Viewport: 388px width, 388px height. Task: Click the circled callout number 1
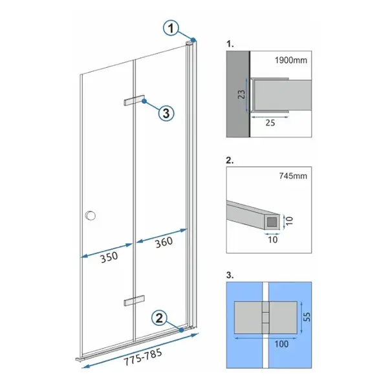click(171, 28)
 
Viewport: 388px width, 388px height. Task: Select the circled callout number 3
click(166, 113)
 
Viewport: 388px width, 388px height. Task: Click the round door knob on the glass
click(91, 215)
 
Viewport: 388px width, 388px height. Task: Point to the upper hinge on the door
click(134, 100)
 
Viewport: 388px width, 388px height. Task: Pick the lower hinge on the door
click(134, 301)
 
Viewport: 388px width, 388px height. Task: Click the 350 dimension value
click(109, 257)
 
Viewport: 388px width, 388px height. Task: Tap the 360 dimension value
click(164, 242)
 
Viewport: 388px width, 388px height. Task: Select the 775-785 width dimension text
click(143, 357)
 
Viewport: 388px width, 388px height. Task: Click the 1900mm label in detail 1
click(291, 60)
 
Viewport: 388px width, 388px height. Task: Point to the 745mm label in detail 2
click(293, 176)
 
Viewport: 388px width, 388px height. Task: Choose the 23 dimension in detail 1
click(241, 94)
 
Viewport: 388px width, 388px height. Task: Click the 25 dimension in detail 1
click(270, 123)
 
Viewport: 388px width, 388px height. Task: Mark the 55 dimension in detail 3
click(307, 317)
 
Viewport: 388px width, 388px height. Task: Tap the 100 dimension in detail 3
click(281, 344)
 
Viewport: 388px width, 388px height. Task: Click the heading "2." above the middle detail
click(230, 160)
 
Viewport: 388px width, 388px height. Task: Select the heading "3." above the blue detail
click(230, 275)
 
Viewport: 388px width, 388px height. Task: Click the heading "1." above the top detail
click(230, 44)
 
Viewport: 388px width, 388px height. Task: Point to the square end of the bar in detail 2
click(272, 222)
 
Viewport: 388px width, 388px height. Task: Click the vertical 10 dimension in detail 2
click(289, 221)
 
